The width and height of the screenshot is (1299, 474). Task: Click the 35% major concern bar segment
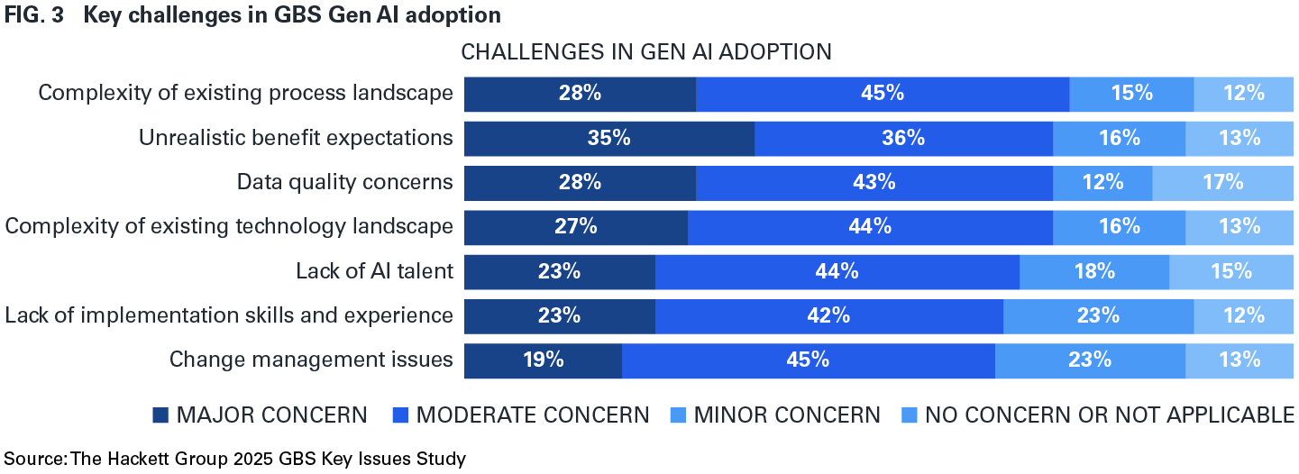[608, 138]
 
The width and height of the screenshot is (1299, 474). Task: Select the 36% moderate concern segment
[903, 138]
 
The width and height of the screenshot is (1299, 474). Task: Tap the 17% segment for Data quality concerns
[1222, 182]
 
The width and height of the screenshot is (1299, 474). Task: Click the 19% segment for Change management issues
[543, 360]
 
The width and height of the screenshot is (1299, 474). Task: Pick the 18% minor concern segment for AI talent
[1093, 271]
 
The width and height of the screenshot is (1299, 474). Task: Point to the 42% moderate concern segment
[828, 315]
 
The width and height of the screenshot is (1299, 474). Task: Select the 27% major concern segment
[575, 226]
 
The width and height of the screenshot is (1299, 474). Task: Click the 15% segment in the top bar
[1131, 94]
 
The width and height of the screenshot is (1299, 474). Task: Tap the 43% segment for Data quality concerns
[874, 182]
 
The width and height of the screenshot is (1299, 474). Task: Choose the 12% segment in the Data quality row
[1102, 182]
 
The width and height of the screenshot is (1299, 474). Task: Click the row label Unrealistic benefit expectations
[295, 138]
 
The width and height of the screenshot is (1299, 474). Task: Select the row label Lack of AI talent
[374, 271]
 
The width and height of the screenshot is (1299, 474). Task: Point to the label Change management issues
[311, 360]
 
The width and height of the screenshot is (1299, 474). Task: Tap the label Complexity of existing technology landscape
[229, 226]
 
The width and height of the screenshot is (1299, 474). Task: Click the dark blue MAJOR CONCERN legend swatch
[160, 415]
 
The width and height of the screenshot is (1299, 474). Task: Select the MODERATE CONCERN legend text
[532, 415]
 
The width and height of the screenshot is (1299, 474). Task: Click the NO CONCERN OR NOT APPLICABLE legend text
[1110, 415]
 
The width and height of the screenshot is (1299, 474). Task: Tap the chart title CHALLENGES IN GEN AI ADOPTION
[645, 52]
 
